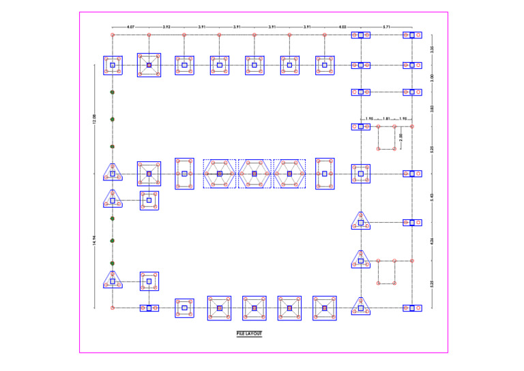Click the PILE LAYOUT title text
click(248, 333)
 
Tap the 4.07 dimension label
click(130, 27)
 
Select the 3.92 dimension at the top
click(166, 27)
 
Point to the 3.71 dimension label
click(387, 27)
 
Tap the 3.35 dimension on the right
click(431, 49)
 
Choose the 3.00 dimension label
click(431, 79)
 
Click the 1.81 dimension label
click(386, 119)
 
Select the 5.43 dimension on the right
click(431, 197)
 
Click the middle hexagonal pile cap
click(254, 174)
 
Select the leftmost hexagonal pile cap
click(219, 174)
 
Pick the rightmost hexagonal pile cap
click(289, 174)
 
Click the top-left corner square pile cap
click(113, 65)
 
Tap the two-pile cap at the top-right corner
click(412, 34)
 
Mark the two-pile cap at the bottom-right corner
click(412, 307)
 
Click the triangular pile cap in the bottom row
click(361, 307)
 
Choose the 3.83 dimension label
click(431, 109)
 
